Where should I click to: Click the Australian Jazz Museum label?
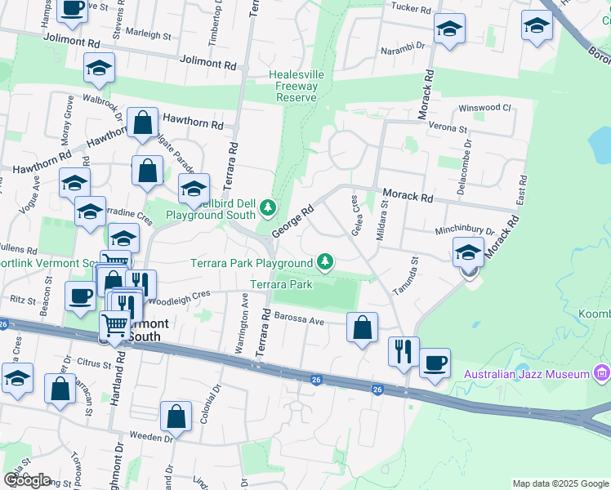(527, 374)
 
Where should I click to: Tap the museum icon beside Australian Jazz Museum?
(602, 374)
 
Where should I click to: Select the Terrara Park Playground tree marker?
(326, 261)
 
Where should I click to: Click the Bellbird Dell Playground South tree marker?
(269, 209)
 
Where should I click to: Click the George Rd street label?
(293, 221)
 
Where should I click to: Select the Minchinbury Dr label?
(465, 232)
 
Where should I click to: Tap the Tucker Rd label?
(410, 9)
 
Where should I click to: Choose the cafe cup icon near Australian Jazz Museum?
(435, 362)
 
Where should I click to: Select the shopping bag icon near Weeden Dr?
(176, 416)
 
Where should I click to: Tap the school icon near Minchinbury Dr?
(468, 252)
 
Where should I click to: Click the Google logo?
(26, 480)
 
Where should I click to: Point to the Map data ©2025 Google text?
(560, 483)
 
